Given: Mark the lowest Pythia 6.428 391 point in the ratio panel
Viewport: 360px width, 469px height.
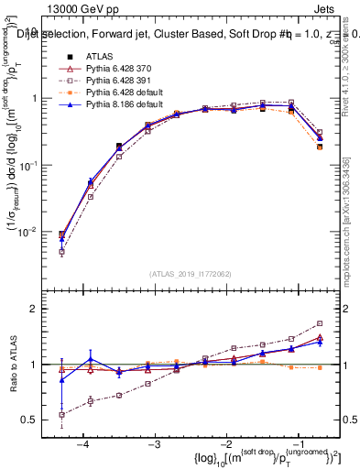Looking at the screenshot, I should coord(61,415).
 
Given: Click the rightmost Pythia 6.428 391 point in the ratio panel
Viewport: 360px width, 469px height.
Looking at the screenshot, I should coord(320,323).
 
